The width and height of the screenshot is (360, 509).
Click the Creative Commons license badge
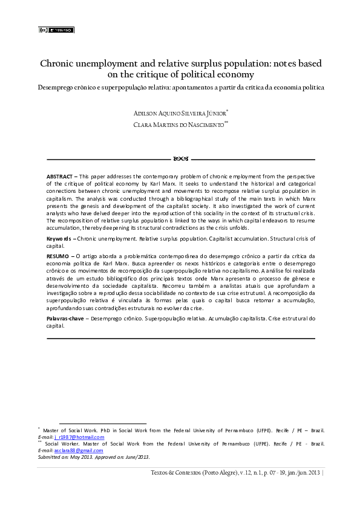point(56,30)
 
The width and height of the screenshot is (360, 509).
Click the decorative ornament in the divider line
point(180,159)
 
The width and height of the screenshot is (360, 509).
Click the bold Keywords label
point(60,239)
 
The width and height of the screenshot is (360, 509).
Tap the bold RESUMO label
point(58,256)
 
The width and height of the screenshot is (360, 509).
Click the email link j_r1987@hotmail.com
point(79,437)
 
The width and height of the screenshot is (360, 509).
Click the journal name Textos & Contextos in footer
point(177,473)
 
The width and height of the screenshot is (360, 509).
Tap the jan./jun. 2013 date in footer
point(301,473)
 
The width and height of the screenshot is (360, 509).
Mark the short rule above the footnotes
point(103,424)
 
